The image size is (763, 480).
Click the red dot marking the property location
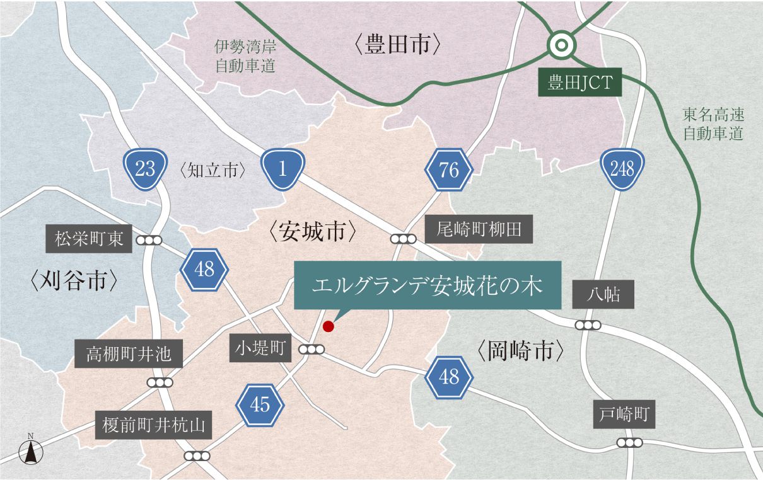[x=328, y=326]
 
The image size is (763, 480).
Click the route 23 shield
[x=145, y=168]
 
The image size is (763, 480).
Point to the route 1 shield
[x=282, y=168]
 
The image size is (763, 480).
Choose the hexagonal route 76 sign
[x=449, y=169]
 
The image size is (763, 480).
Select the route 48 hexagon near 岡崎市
[x=449, y=377]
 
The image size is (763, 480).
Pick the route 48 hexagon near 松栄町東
[x=204, y=270]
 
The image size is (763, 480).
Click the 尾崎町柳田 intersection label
[x=479, y=229]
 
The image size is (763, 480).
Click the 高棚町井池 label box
[x=129, y=354]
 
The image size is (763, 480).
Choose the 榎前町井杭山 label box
[x=154, y=426]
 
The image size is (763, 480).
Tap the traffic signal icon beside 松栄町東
[x=149, y=240]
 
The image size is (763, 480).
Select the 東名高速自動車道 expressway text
[x=714, y=123]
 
